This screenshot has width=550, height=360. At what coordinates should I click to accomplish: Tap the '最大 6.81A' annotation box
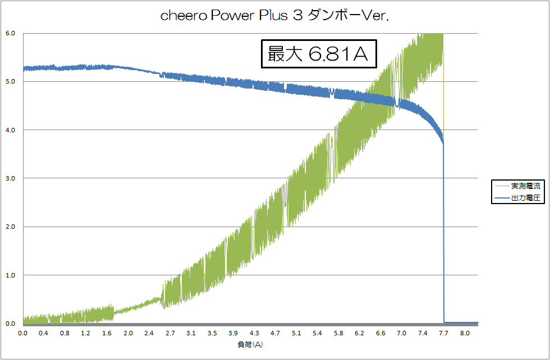[318, 54]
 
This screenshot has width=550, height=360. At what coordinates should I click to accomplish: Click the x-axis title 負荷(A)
[250, 344]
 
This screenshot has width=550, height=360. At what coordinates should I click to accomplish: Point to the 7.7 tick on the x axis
[443, 333]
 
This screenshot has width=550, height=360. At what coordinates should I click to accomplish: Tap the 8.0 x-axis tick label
[465, 333]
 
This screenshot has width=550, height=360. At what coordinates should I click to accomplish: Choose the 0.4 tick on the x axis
[44, 333]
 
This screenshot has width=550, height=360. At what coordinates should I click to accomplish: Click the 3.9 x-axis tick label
[233, 333]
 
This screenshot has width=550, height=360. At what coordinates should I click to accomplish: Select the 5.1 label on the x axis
[296, 333]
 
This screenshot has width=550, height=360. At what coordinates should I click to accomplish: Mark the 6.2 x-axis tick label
[360, 333]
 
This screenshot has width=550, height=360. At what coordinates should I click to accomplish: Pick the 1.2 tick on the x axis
[86, 333]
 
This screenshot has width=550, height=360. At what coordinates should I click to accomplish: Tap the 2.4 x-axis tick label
[149, 333]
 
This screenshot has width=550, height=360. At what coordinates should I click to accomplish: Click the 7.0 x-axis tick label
[402, 333]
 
